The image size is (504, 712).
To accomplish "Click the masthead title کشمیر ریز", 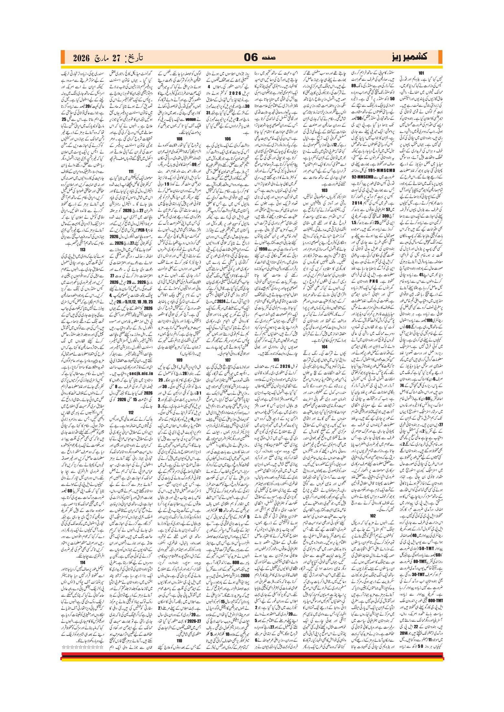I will click(x=409, y=57).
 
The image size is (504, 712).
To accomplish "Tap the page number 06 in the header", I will click(x=250, y=58).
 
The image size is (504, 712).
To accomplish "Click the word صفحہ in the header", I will click(x=269, y=58).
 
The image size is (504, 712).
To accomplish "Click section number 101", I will click(x=421, y=73).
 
